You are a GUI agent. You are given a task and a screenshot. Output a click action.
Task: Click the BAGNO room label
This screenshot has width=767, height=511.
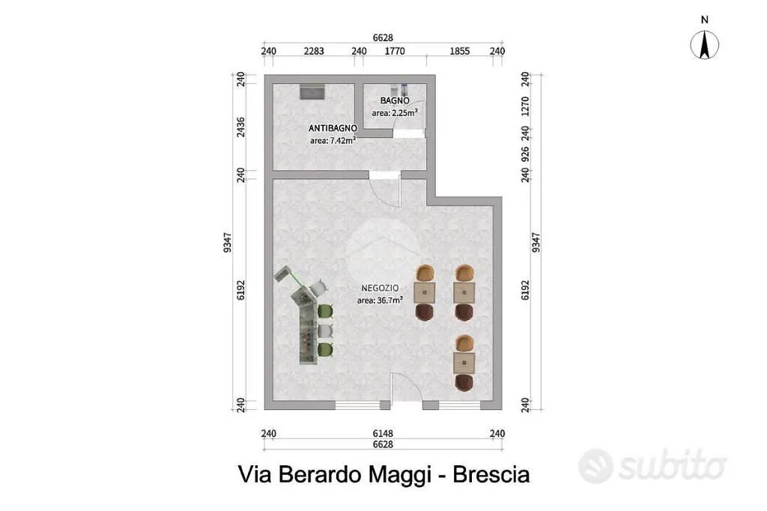(x=395, y=100)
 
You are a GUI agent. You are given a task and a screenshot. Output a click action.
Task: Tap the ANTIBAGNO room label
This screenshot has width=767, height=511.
(x=333, y=128)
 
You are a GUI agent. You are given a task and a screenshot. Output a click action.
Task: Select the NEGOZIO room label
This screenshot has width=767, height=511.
(x=380, y=288)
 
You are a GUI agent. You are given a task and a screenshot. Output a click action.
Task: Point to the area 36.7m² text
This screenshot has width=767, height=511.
(x=380, y=300)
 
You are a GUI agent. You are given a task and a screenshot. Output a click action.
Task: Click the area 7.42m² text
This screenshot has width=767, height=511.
(x=333, y=140)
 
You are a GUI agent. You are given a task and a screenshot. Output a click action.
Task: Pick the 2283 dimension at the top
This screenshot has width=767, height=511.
(x=314, y=51)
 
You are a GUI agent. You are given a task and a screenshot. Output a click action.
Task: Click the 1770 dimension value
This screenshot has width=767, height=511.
(x=395, y=51)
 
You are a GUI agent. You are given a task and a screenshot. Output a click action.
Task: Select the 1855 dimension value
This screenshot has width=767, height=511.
(x=460, y=51)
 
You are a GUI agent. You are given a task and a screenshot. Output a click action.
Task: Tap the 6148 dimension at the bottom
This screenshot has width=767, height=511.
(x=383, y=433)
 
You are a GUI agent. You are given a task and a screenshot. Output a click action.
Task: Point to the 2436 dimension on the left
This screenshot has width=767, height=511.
(x=240, y=127)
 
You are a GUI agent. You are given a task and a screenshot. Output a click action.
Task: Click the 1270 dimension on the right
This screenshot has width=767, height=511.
(x=525, y=106)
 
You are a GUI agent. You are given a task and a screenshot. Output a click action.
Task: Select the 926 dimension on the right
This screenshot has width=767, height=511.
(x=525, y=154)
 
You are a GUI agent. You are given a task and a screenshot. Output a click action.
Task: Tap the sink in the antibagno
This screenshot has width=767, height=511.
(x=312, y=92)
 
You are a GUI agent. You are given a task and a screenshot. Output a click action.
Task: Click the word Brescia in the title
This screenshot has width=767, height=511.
(x=491, y=474)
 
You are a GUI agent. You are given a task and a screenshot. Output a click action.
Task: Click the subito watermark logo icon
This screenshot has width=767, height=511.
(x=595, y=466)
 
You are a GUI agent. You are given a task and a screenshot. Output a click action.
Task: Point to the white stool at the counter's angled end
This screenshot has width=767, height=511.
(x=318, y=287)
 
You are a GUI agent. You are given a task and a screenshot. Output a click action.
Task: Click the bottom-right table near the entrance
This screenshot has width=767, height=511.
(x=464, y=363)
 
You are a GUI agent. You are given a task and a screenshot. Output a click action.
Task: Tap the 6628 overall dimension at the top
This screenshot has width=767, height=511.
(x=383, y=37)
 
